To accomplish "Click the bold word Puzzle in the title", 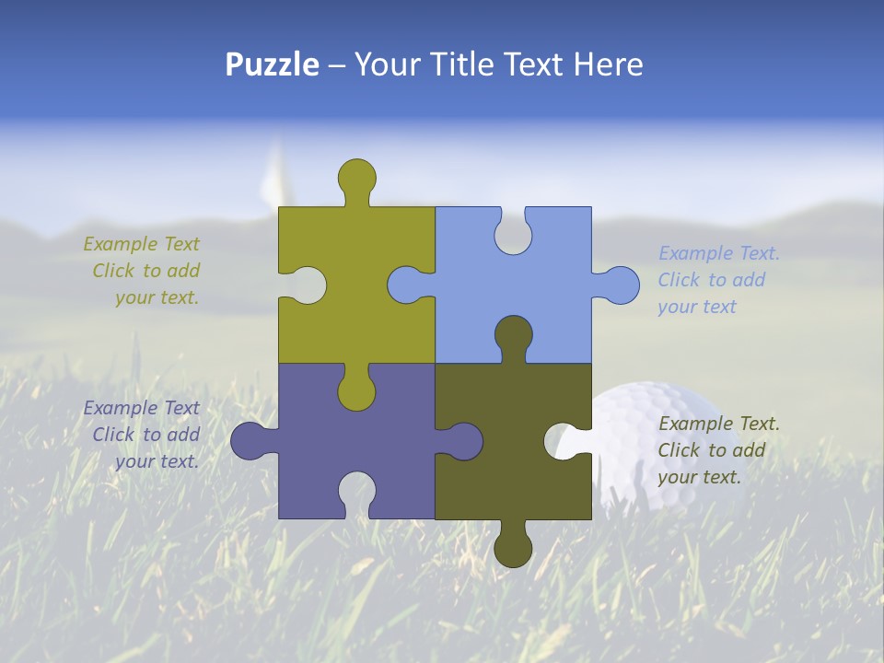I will (x=273, y=64).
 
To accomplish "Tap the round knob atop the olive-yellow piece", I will (x=356, y=177).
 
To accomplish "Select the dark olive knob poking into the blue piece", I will (x=513, y=333).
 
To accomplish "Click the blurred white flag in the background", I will (x=273, y=180).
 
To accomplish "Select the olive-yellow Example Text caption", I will (x=142, y=271).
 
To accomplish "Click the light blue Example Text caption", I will (x=718, y=280).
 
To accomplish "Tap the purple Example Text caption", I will (x=142, y=435).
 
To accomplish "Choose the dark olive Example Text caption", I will (x=718, y=450).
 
